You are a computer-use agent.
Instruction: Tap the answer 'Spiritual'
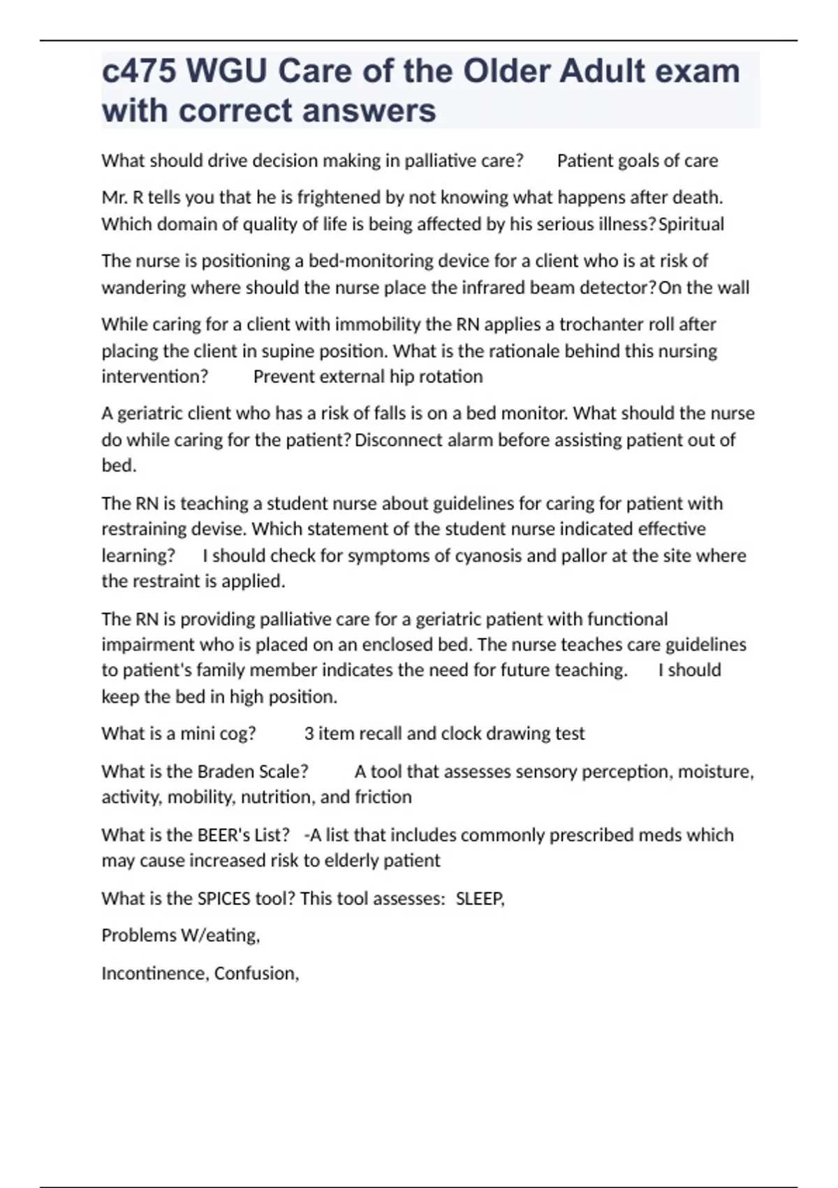691,224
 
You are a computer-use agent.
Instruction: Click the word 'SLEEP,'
480,899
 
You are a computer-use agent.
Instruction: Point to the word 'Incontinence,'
155,973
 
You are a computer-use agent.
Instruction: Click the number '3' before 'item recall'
309,734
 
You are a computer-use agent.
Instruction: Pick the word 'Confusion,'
257,973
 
